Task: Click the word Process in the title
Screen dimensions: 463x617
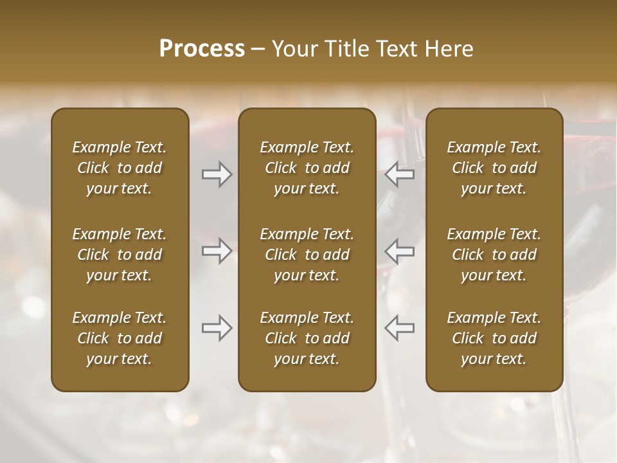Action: tap(202, 49)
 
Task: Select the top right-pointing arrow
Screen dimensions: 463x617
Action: tap(217, 174)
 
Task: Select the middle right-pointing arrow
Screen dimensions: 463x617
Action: tap(217, 251)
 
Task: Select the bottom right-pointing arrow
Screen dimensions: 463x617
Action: tap(217, 328)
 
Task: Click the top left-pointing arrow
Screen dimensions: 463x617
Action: tap(400, 174)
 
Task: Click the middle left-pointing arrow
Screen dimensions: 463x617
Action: tap(400, 251)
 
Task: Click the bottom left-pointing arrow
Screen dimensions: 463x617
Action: tap(400, 328)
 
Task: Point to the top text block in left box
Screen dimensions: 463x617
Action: tap(120, 168)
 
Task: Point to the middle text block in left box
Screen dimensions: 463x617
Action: tap(120, 255)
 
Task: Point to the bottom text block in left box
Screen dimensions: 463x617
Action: tap(120, 338)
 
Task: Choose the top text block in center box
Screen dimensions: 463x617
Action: tap(307, 168)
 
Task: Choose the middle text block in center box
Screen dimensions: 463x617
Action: tap(307, 255)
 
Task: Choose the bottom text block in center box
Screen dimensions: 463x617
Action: tap(307, 338)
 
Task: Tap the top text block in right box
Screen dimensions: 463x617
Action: tap(494, 168)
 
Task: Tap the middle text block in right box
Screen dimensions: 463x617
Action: tap(494, 255)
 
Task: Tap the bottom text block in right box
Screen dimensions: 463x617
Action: tap(494, 338)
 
